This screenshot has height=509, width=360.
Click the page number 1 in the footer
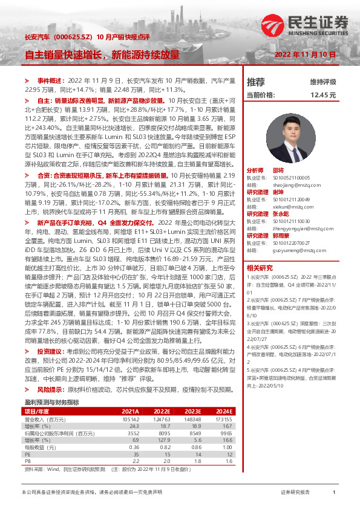coord(334,493)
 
